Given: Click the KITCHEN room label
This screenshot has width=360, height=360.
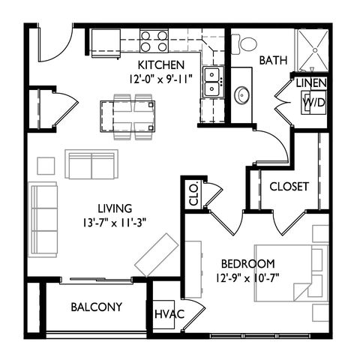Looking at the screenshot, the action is (161, 65).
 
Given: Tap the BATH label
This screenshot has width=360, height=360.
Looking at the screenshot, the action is (273, 60).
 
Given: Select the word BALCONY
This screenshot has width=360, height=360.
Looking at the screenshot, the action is (97, 307).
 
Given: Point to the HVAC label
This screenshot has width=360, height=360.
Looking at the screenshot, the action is (169, 314).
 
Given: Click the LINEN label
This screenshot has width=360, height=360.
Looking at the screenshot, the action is (311, 83).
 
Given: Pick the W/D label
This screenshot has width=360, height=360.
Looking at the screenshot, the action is (314, 102).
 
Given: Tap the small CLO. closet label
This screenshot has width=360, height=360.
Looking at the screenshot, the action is (194, 193).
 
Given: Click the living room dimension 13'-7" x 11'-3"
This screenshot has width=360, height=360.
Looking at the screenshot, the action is (115, 223).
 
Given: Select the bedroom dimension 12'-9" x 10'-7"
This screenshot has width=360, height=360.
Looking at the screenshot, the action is (247, 277).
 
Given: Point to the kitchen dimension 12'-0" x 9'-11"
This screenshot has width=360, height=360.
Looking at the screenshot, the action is (161, 79).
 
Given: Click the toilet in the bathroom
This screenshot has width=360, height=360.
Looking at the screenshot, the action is (244, 44).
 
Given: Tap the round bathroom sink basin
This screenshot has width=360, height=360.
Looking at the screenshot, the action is (241, 95).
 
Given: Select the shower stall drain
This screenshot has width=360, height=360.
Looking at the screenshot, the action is (315, 50).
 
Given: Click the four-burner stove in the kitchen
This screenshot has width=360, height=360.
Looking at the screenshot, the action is (154, 40).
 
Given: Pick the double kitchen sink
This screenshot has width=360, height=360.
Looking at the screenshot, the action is (213, 82).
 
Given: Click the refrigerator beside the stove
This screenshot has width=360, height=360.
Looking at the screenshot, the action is (106, 43).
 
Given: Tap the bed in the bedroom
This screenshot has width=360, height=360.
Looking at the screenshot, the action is (291, 273).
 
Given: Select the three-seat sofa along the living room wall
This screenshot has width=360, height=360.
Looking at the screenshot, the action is (44, 220).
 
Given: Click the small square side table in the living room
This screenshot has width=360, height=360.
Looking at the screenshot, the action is (46, 166).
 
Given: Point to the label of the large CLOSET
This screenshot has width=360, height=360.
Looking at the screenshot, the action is (289, 187).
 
